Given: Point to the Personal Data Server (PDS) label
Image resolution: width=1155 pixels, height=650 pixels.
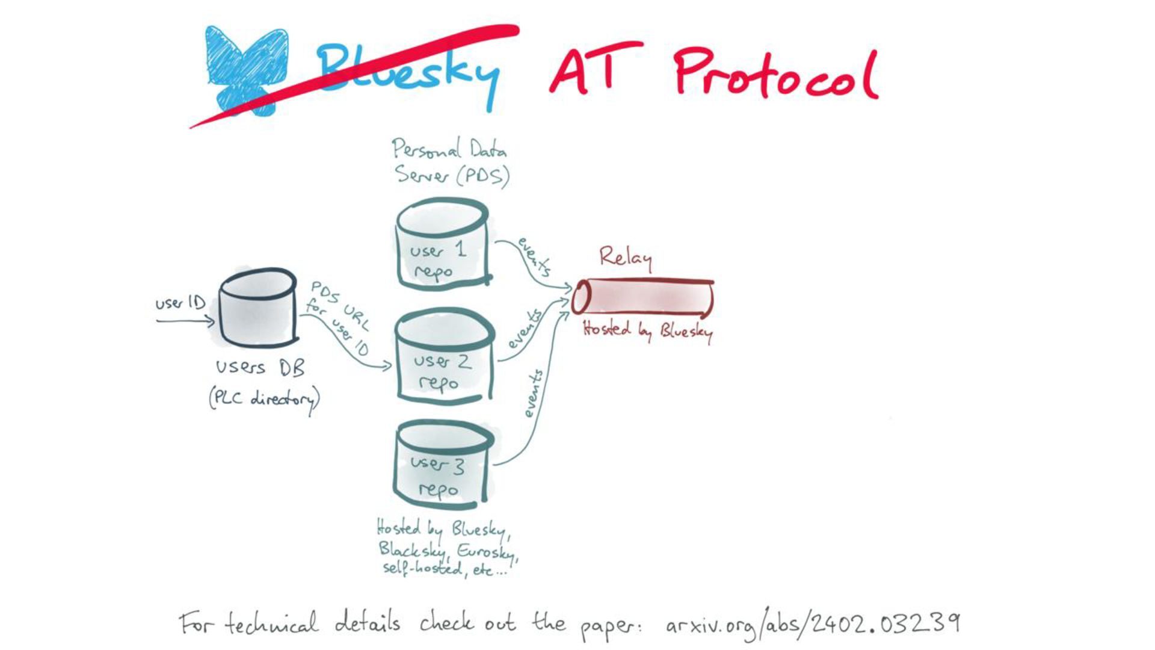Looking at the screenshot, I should coord(450,161).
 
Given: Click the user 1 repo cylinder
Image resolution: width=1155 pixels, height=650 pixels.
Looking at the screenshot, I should coord(443,247).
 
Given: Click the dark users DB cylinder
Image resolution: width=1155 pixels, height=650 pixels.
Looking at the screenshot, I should coord(257,308).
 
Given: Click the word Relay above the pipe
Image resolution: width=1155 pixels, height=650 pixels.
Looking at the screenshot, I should coord(625,258).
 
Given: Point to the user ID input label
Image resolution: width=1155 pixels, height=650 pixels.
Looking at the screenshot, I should coord(180,303).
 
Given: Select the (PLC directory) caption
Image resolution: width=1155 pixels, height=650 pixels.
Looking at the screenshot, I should coord(263,399).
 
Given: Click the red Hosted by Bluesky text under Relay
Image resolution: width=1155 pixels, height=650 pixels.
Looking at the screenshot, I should coord(647,330).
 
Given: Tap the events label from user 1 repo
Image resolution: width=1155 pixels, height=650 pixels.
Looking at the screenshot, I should coord(534,256).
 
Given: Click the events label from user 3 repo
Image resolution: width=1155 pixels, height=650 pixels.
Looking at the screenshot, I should coord(533,394).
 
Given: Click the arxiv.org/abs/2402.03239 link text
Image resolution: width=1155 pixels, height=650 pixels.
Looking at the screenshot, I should coord(812,625).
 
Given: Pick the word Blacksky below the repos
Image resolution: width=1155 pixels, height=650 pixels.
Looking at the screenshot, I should coord(412,549).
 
